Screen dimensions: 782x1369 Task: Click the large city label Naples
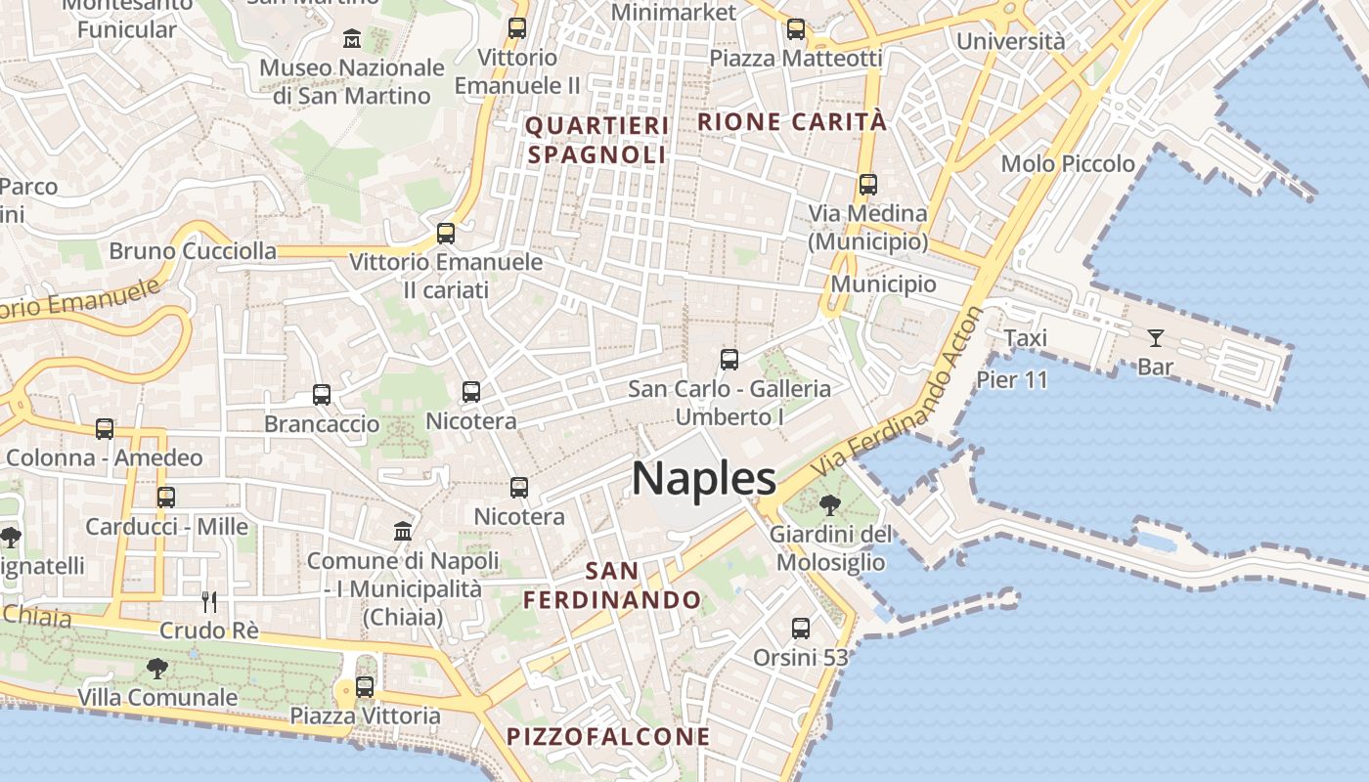pos(704,479)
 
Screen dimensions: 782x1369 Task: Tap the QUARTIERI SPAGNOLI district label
pos(597,140)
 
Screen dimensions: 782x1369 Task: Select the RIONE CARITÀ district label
pos(792,122)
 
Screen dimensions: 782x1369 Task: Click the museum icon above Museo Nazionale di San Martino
pos(352,39)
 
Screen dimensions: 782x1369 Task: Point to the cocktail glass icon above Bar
pos(1156,338)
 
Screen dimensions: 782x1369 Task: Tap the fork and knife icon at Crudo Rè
pos(208,601)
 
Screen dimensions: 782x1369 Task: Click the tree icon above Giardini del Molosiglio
pos(830,505)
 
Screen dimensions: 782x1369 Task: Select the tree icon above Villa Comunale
pos(156,669)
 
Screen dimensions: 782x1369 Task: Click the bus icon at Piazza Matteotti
pos(796,29)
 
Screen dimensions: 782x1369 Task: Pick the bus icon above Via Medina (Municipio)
pos(867,184)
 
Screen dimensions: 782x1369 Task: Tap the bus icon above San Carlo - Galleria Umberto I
pos(729,359)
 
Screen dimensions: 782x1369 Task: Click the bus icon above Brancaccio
pos(322,395)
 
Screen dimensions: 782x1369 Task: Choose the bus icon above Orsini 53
pos(801,628)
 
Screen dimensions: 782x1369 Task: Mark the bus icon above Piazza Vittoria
pos(365,687)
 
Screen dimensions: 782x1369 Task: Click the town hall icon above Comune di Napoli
pos(402,531)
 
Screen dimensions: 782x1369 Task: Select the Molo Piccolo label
pos(1068,163)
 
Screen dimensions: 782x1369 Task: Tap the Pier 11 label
pos(1012,379)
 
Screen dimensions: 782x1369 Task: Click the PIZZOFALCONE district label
pos(608,737)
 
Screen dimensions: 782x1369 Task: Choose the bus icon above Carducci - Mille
pos(166,497)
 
